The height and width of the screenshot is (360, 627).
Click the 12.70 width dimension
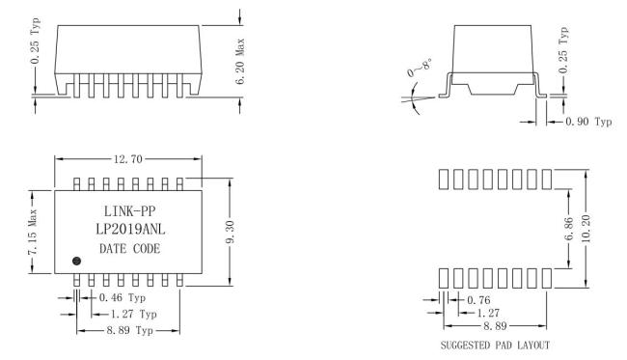pyautogui.click(x=128, y=159)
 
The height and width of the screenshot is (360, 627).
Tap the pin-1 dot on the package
pyautogui.click(x=77, y=262)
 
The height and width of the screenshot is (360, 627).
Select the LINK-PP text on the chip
pyautogui.click(x=129, y=210)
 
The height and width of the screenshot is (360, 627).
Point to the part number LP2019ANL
pyautogui.click(x=130, y=229)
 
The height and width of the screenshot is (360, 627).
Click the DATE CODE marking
pyautogui.click(x=129, y=249)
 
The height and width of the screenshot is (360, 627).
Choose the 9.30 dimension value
pyautogui.click(x=230, y=232)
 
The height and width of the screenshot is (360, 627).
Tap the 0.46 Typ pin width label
pyautogui.click(x=123, y=298)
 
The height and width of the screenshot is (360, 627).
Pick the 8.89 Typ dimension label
pyautogui.click(x=129, y=331)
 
